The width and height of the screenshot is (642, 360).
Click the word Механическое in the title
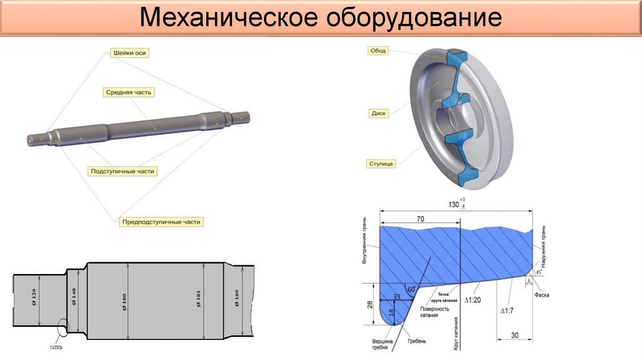[228, 18]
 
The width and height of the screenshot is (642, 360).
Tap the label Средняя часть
[129, 92]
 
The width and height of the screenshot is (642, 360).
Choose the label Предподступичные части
[162, 222]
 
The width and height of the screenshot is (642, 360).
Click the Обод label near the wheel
[378, 50]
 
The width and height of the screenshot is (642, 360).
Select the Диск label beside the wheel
[379, 114]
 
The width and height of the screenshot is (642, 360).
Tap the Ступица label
[381, 164]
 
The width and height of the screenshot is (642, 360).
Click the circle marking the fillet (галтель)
[62, 327]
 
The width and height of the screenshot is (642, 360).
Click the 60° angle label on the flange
[411, 290]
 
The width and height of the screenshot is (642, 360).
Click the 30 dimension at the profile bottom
[513, 336]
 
